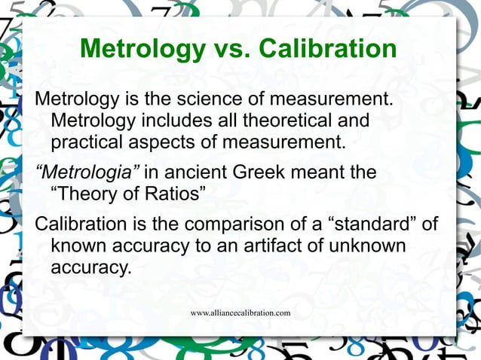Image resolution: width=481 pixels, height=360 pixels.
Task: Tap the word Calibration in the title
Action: [x=328, y=50]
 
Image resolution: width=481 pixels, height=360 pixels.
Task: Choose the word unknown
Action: [x=364, y=246]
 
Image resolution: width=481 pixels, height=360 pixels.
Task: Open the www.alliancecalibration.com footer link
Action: [x=240, y=312]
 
